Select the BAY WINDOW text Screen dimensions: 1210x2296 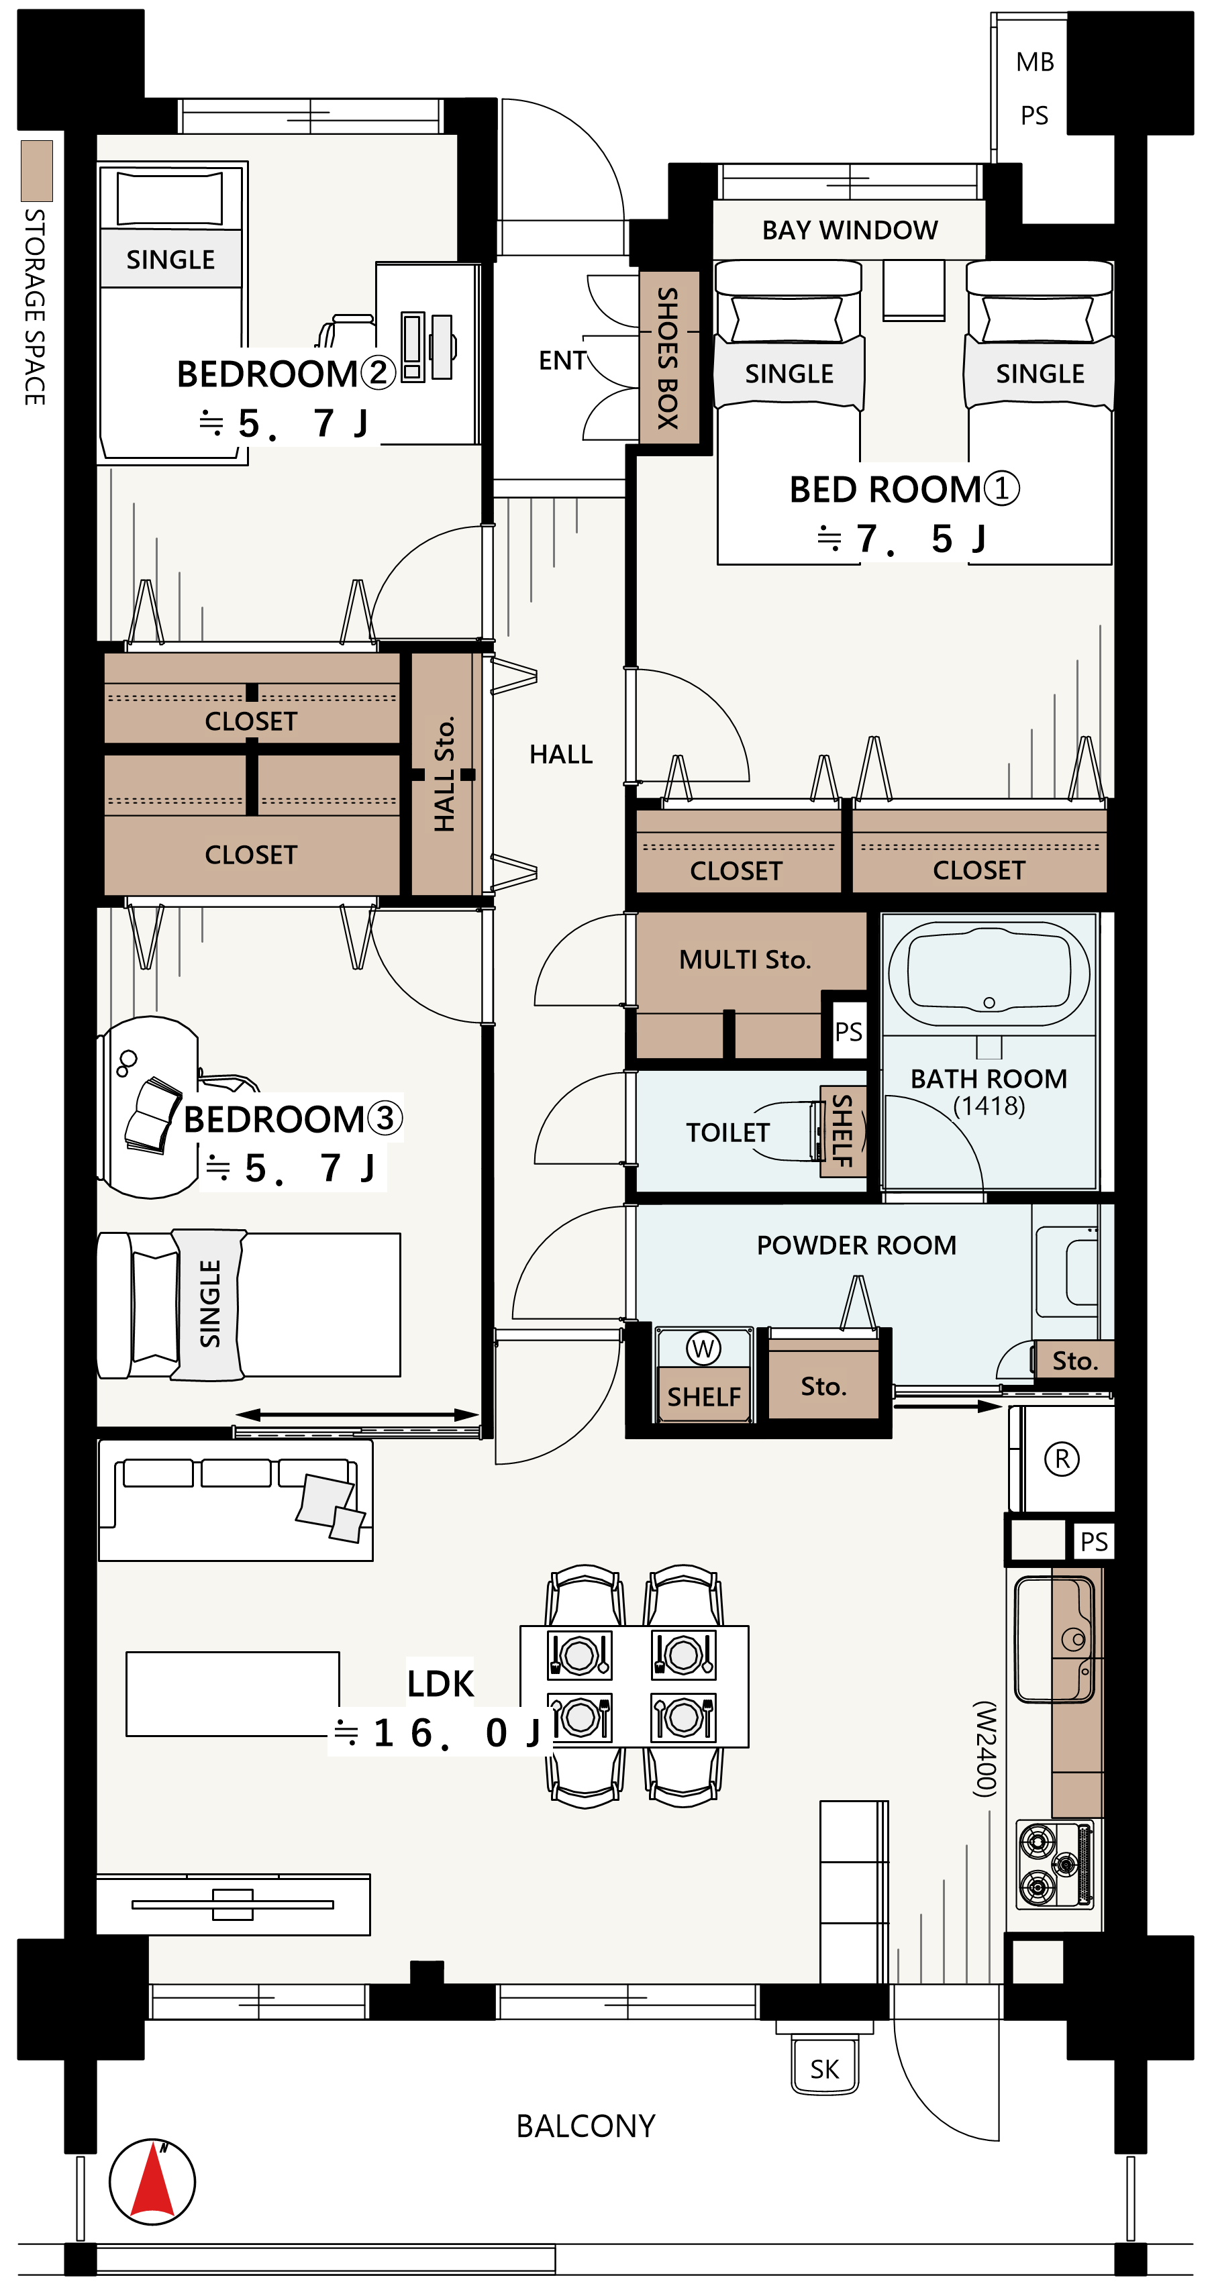click(x=849, y=230)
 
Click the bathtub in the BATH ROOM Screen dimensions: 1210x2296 click(x=989, y=974)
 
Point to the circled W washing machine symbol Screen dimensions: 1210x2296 click(x=703, y=1348)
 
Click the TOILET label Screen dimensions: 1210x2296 click(x=727, y=1132)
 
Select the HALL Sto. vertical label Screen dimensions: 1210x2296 click(x=444, y=774)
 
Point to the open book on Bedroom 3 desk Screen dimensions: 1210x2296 click(x=154, y=1115)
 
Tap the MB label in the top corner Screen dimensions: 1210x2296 click(x=1034, y=62)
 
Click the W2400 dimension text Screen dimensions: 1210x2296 click(x=985, y=1749)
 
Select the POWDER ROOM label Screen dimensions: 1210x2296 click(x=856, y=1245)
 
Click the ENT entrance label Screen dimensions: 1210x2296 click(x=562, y=360)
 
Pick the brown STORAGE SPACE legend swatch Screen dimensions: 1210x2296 click(x=36, y=170)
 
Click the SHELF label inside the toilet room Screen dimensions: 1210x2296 click(x=843, y=1132)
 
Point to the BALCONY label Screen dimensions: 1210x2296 click(x=586, y=2127)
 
